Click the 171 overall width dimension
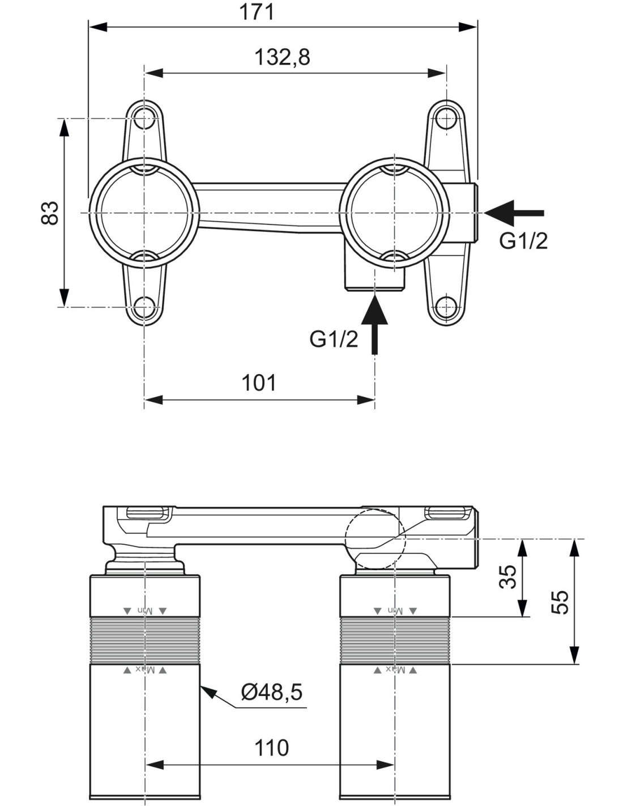pos(257,12)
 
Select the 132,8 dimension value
pos(282,57)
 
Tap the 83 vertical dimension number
pos(50,213)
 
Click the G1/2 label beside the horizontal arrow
pos(523,241)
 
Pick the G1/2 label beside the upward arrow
pos(334,339)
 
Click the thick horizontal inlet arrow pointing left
pos(514,213)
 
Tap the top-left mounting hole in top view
pos(144,118)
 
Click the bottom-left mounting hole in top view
pos(144,307)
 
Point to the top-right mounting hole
pos(447,118)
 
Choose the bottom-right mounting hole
pos(447,307)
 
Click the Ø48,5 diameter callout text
pos(272,692)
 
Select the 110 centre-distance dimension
pos(271,747)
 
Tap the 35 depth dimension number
pos(507,577)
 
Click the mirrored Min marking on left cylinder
pos(146,610)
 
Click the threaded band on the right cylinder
pos(395,640)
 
